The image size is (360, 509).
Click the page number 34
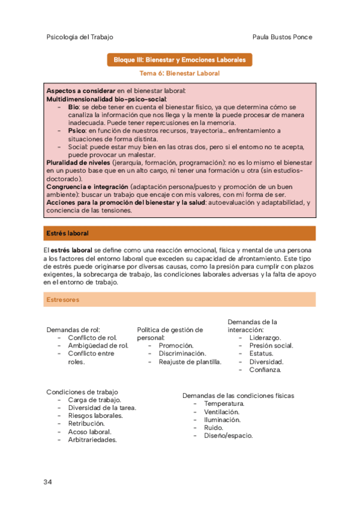[x=49, y=482]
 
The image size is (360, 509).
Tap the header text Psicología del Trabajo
[x=80, y=37]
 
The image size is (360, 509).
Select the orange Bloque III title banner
[x=179, y=60]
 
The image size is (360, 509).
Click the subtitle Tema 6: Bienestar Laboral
[x=179, y=73]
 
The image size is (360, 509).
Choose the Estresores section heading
[x=62, y=299]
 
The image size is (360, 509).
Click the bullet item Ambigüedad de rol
[x=98, y=345]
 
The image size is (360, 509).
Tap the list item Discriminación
[x=182, y=354]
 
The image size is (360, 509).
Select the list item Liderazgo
[x=265, y=338]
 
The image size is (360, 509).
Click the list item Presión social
[x=271, y=346]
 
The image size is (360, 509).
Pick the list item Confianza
[x=265, y=370]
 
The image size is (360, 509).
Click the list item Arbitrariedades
[x=92, y=439]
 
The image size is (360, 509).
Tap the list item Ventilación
[x=221, y=412]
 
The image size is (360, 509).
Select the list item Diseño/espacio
[x=228, y=435]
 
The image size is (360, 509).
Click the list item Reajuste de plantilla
[x=190, y=361]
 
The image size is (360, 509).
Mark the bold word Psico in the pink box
[x=78, y=130]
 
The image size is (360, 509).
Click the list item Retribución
[x=87, y=423]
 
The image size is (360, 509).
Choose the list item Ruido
[x=214, y=427]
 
